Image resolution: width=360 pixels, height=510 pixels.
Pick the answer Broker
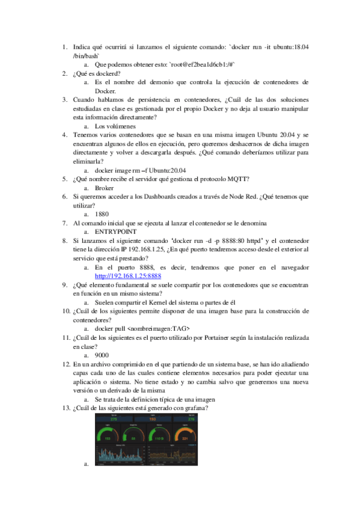[x=105, y=188]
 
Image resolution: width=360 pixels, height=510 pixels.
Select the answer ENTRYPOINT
[x=116, y=232]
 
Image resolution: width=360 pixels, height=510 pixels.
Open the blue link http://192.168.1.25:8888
[x=128, y=275]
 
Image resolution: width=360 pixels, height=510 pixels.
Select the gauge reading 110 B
[x=160, y=438]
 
